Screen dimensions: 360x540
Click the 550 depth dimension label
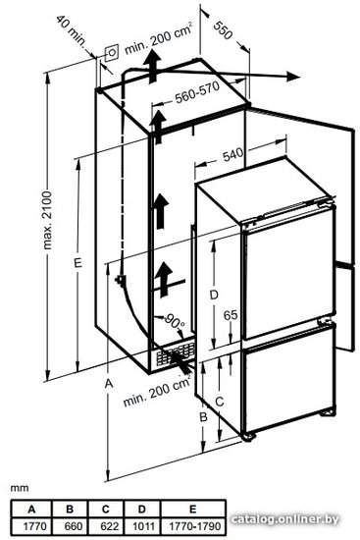click(223, 30)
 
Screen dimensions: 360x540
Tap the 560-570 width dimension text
click(197, 92)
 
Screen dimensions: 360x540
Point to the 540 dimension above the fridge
click(232, 155)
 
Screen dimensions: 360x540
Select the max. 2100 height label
click(47, 220)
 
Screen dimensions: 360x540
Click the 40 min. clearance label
click(71, 31)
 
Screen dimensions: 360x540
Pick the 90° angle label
click(175, 321)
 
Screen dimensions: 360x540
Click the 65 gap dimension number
click(231, 315)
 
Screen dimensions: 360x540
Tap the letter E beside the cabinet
click(78, 263)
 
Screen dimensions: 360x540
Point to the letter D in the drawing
click(214, 295)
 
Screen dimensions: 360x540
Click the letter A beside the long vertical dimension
click(109, 383)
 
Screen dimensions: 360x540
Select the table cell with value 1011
click(141, 526)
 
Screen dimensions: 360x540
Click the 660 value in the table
click(71, 526)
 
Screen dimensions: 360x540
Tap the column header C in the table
click(106, 509)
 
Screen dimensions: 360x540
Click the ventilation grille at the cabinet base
click(176, 353)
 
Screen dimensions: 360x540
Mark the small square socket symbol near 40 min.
click(111, 53)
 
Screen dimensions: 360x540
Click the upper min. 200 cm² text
click(158, 39)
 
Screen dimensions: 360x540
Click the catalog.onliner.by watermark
click(284, 519)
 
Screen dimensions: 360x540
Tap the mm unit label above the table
click(20, 488)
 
